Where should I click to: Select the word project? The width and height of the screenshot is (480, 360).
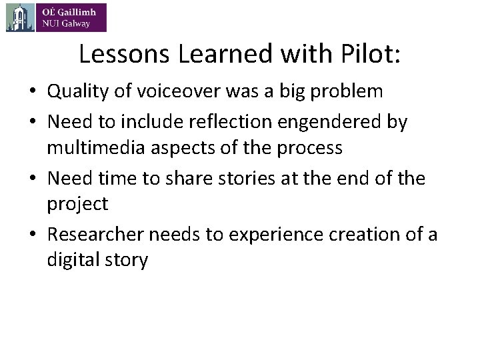click(x=77, y=203)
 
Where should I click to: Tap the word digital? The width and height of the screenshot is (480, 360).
click(x=71, y=259)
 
